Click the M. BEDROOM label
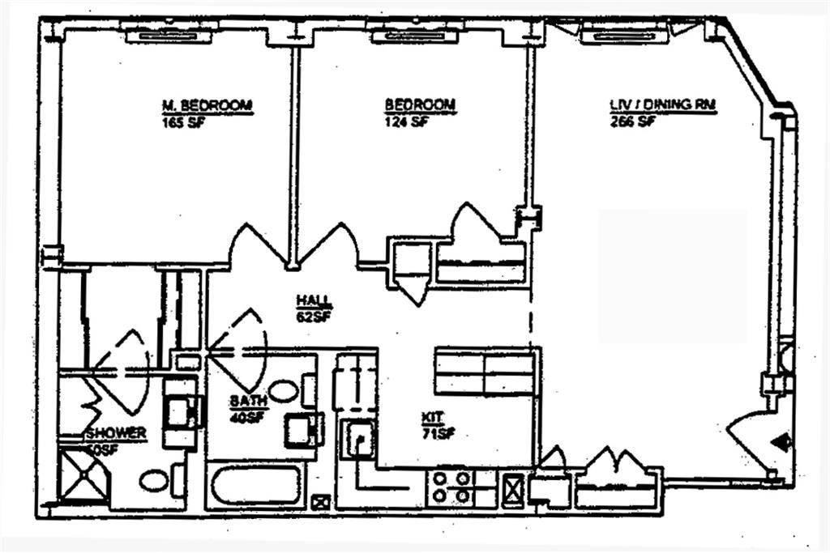(207, 105)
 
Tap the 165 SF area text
(179, 122)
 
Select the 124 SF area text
(406, 122)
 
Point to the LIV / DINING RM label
(661, 105)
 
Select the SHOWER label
(116, 433)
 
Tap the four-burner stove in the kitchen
(451, 486)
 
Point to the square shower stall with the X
(85, 478)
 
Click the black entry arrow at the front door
(781, 442)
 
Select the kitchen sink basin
(357, 440)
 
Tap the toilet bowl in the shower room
(154, 480)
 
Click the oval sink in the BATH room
(283, 391)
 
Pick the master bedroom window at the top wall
(171, 35)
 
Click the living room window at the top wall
(623, 35)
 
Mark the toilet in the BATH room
(303, 428)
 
